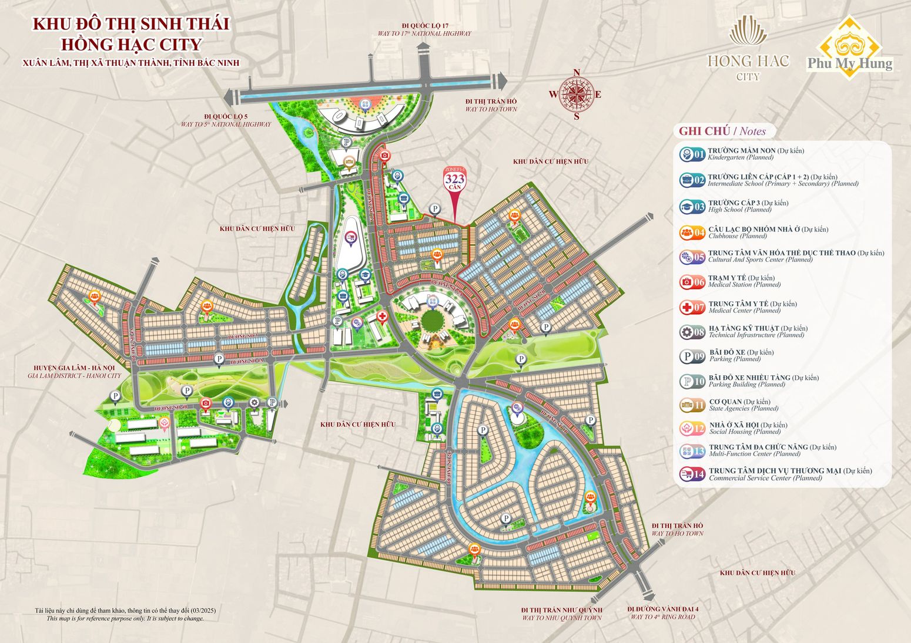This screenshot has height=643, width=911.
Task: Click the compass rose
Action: point(576,94)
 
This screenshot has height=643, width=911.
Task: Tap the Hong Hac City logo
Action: point(748,50)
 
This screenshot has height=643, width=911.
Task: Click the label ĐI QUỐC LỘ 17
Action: point(425,26)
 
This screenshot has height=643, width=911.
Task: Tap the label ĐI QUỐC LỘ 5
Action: point(226,117)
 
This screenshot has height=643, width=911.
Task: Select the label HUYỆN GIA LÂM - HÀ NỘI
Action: point(74,368)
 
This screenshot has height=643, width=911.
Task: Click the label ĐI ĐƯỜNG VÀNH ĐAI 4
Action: point(662,610)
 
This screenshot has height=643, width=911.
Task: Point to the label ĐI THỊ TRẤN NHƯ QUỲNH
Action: point(562,610)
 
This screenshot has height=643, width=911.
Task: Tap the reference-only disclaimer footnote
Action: point(125,615)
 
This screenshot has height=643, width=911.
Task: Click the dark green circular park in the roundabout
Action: point(433,322)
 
